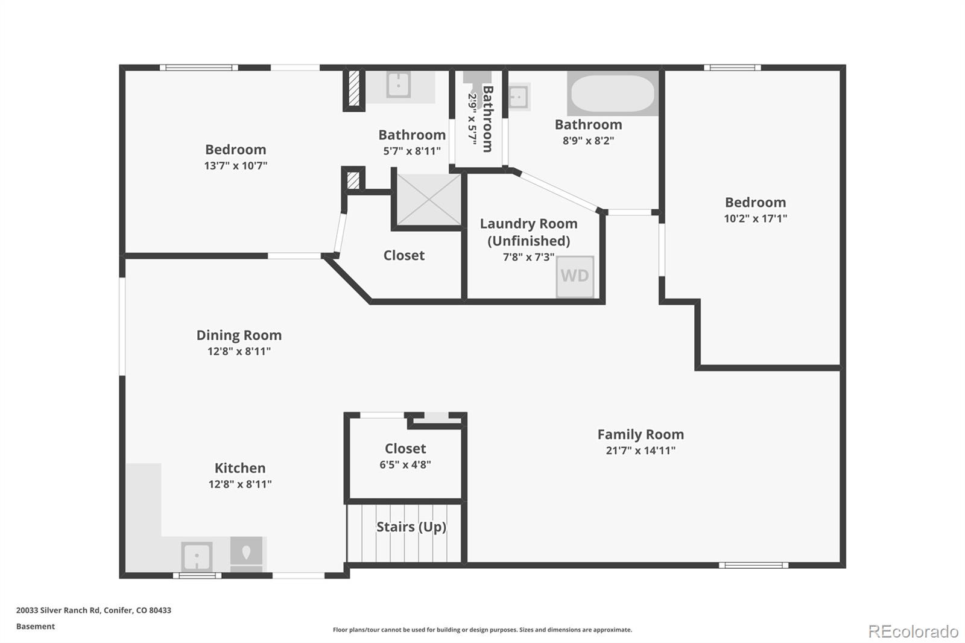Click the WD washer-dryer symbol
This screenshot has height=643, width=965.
[x=575, y=276]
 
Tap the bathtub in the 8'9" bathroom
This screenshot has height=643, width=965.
[x=613, y=93]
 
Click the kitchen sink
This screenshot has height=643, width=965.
[x=197, y=556]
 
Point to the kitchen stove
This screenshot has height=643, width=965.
[x=247, y=553]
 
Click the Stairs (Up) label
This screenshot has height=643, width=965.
[x=411, y=527]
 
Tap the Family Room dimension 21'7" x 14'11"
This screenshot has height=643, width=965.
[x=641, y=451]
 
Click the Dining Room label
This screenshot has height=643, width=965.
[x=239, y=335]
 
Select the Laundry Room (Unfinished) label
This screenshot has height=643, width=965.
[x=529, y=232]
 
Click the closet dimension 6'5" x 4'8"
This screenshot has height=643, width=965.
[x=405, y=464]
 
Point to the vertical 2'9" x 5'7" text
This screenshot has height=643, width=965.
[x=472, y=117]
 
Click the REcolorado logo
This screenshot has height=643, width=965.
[x=913, y=632]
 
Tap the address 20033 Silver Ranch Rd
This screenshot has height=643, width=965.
[x=93, y=610]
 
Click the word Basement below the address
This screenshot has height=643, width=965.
[x=36, y=626]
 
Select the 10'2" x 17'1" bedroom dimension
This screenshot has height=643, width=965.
[x=755, y=218]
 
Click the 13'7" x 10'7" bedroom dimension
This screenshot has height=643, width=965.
[x=235, y=165]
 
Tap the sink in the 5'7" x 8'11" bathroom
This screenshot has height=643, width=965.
[x=398, y=84]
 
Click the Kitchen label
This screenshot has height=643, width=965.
[x=240, y=467]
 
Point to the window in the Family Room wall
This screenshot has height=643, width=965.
[x=753, y=565]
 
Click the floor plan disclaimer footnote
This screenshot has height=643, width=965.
[x=482, y=630]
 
